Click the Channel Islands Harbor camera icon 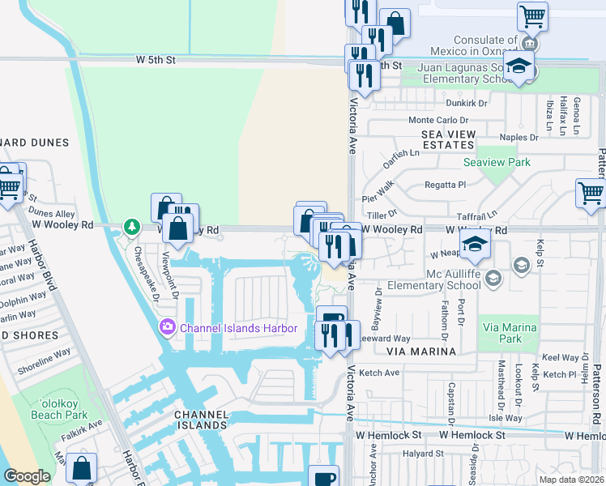(x=168, y=328)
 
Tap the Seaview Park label (x=497, y=162)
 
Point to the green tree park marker (x=130, y=225)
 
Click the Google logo (x=28, y=476)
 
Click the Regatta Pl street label (x=446, y=185)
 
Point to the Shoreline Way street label (x=45, y=356)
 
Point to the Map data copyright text (x=572, y=480)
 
